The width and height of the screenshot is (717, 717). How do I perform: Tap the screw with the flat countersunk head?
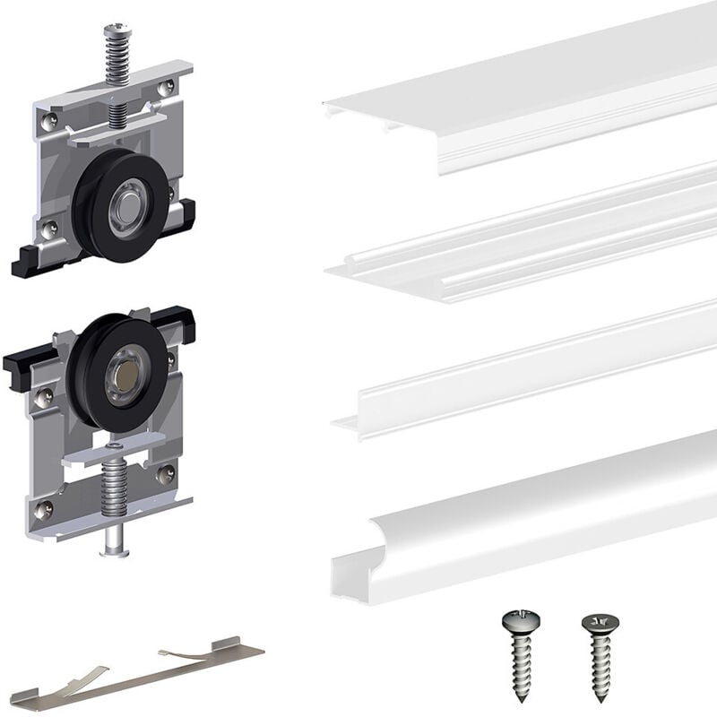(595, 659)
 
